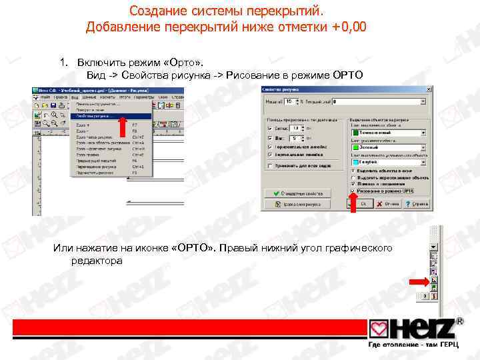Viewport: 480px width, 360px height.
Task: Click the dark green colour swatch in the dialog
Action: click(355, 133)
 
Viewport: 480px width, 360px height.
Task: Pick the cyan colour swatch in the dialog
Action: click(355, 162)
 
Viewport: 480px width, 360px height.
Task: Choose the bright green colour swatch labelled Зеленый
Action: click(355, 147)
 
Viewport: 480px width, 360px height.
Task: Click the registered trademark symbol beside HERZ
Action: click(459, 321)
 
